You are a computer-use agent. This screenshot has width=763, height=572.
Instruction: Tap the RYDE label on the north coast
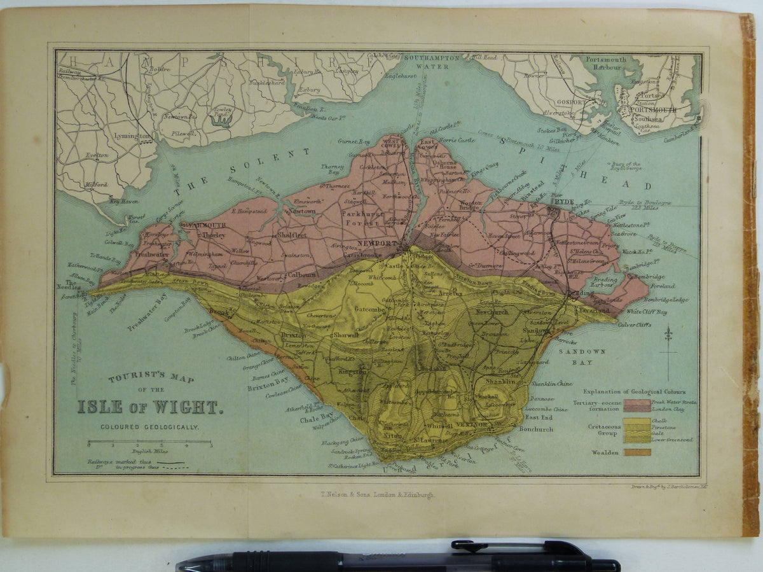563,202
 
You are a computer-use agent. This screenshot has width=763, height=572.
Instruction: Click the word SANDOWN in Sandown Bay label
568,351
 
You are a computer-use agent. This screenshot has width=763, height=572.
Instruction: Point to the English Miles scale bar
149,441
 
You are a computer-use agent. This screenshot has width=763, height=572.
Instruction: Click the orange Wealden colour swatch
637,452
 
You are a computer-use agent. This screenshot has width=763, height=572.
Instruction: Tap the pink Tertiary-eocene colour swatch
637,405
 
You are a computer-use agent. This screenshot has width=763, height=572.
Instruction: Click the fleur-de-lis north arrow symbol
668,334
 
